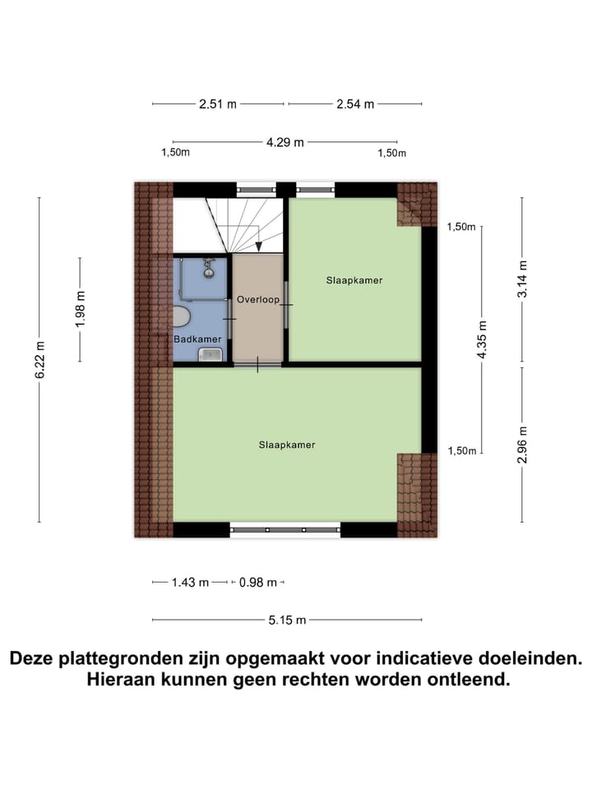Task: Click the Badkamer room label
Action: coord(197,339)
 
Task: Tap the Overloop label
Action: coord(259,299)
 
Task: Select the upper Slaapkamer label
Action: coord(354,280)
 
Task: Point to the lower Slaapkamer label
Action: coord(287,445)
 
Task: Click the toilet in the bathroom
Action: coord(181,316)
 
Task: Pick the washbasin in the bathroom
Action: coord(211,353)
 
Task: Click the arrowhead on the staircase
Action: coord(258,245)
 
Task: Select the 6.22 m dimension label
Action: coord(39,359)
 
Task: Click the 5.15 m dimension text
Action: coord(286,620)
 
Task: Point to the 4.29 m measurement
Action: coord(284,141)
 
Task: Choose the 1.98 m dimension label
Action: coord(80,309)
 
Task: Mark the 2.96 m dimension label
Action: coord(521,444)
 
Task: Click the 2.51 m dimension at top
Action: coord(218,104)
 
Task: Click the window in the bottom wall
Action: coord(284,530)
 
